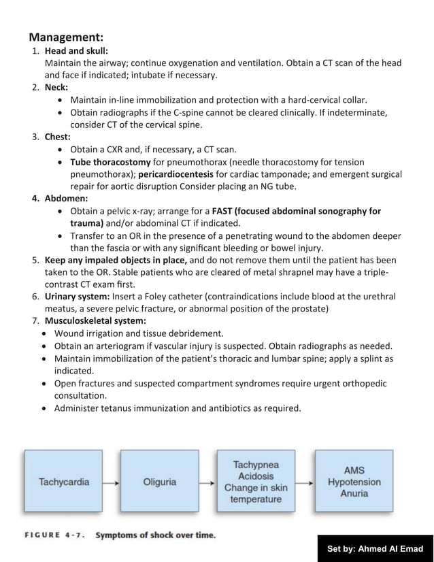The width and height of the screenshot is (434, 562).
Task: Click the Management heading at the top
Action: click(x=66, y=37)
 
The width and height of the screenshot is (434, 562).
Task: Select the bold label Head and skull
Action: click(x=76, y=51)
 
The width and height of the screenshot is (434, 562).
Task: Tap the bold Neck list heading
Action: click(x=57, y=88)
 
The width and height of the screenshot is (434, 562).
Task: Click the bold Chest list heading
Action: click(x=58, y=137)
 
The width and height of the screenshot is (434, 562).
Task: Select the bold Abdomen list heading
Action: click(x=66, y=199)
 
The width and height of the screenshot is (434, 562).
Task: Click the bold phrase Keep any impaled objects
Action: click(x=116, y=260)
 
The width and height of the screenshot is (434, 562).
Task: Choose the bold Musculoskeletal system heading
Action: click(x=95, y=320)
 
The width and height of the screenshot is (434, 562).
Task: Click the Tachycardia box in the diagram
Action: click(x=64, y=482)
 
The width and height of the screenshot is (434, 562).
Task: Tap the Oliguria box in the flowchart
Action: click(x=160, y=482)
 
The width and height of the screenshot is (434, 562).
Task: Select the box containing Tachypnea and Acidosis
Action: click(x=256, y=482)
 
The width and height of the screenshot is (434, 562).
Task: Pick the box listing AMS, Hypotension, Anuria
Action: click(x=354, y=482)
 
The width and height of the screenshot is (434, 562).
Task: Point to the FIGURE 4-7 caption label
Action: click(x=54, y=535)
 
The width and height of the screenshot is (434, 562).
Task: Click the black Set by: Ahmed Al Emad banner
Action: click(x=375, y=548)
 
